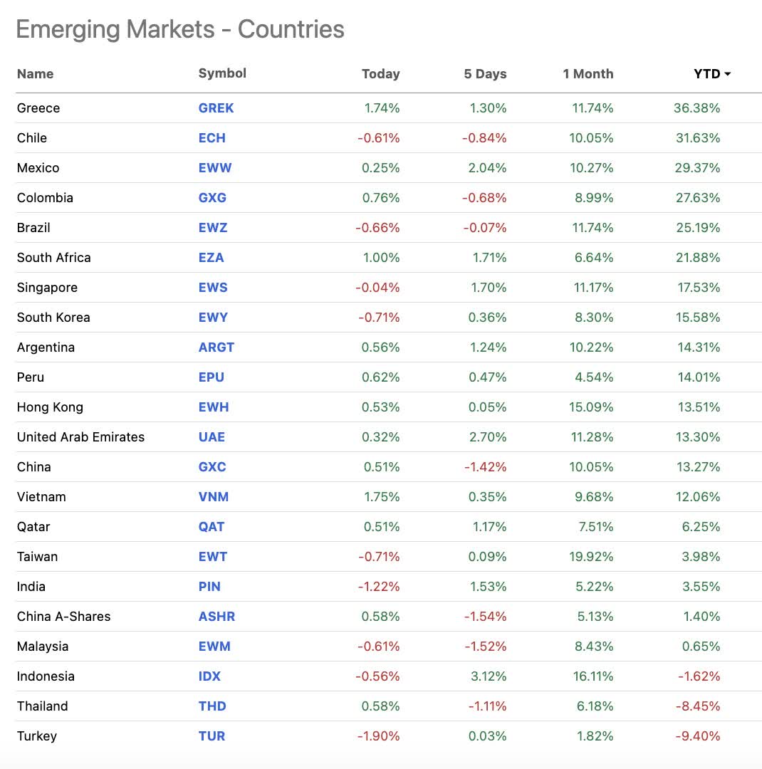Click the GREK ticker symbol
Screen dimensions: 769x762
(x=216, y=108)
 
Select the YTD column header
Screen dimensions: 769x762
(x=706, y=74)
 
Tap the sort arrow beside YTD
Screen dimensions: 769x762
(x=728, y=74)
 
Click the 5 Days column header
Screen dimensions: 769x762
(x=485, y=74)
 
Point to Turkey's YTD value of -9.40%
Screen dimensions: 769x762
(x=697, y=736)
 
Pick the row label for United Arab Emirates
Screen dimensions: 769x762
(x=80, y=437)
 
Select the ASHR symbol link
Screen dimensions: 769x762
(x=216, y=617)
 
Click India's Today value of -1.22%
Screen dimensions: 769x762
(x=378, y=587)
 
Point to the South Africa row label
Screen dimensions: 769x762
(x=54, y=258)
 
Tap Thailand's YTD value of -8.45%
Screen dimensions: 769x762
(x=697, y=706)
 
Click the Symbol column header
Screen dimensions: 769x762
(x=222, y=73)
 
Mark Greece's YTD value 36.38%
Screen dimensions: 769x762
(x=696, y=108)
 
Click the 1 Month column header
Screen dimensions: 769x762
(x=588, y=74)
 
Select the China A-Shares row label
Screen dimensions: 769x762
(x=64, y=617)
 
